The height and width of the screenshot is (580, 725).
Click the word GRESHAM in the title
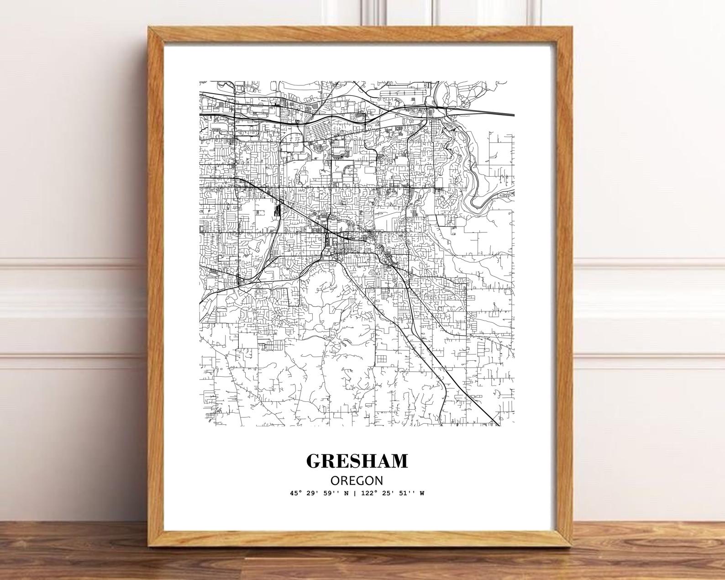pyautogui.click(x=357, y=461)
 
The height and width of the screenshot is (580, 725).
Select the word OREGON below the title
pyautogui.click(x=357, y=480)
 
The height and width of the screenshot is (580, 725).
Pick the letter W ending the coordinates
pyautogui.click(x=422, y=493)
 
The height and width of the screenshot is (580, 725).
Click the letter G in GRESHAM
pyautogui.click(x=314, y=461)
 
